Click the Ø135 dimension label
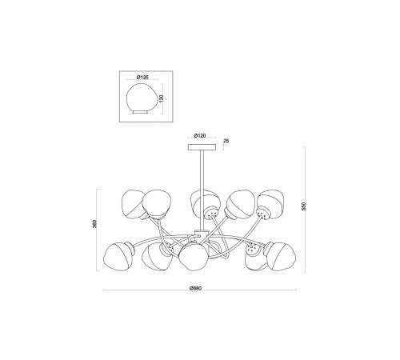[142, 78]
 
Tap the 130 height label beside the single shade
[161, 98]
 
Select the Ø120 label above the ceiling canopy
[200, 136]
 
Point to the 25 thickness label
[226, 141]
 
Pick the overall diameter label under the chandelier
[196, 288]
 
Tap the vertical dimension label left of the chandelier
[94, 224]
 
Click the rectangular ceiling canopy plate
[202, 147]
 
